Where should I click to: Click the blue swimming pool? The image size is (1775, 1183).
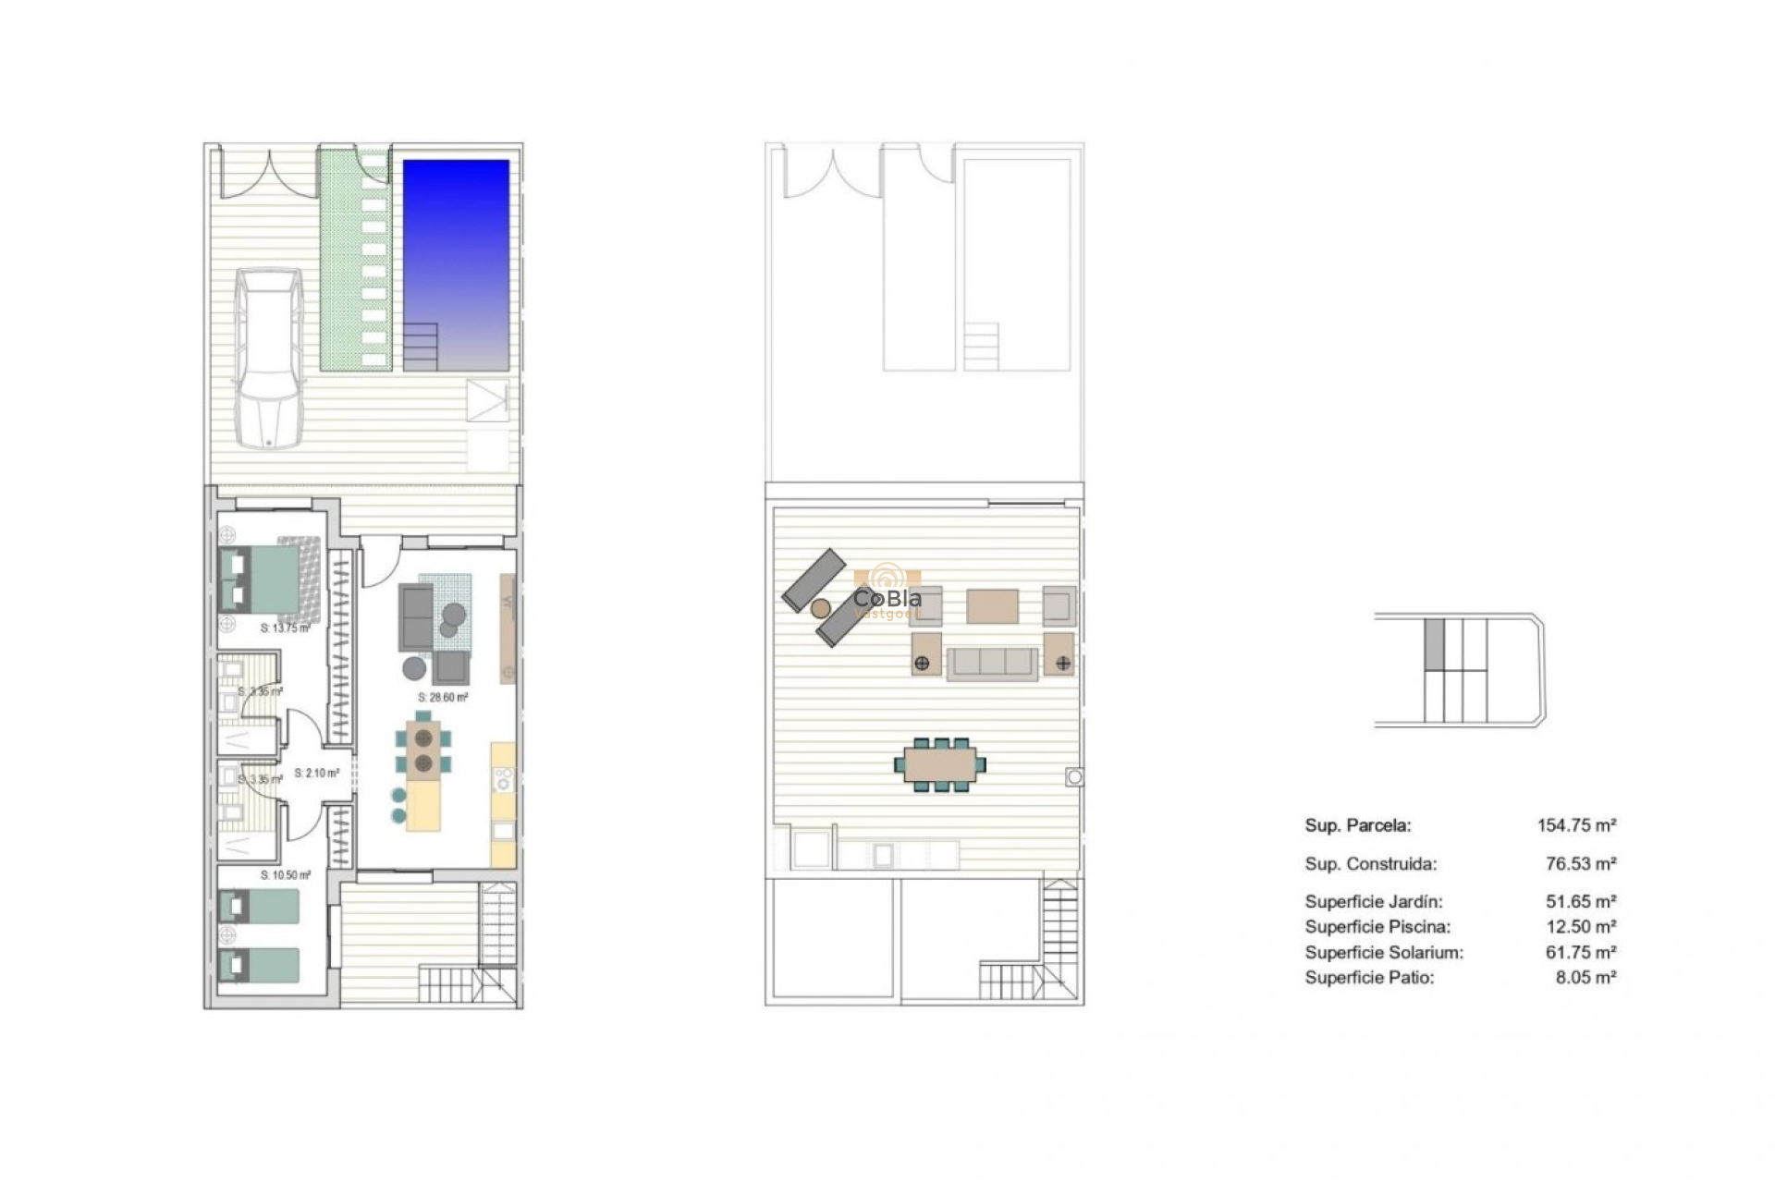click(x=456, y=250)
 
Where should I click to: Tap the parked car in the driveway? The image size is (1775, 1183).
click(x=268, y=358)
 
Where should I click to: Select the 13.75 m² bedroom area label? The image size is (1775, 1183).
click(x=285, y=628)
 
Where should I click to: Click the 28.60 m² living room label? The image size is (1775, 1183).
click(x=443, y=698)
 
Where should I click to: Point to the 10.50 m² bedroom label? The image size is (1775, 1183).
click(x=286, y=875)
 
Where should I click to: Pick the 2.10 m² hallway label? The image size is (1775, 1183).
click(x=316, y=774)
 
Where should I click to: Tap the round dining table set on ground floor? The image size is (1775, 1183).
click(x=423, y=750)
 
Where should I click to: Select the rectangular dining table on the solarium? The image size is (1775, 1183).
click(x=939, y=764)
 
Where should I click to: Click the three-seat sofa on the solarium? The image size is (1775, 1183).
click(x=992, y=663)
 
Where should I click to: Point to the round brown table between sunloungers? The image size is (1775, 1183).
click(x=820, y=608)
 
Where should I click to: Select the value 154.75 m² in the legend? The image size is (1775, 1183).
click(x=1576, y=825)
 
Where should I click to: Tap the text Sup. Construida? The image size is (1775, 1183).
click(x=1370, y=864)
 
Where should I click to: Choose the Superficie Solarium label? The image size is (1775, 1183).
click(x=1384, y=952)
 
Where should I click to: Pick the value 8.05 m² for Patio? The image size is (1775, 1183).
click(x=1585, y=977)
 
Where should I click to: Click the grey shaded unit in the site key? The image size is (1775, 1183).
click(x=1434, y=644)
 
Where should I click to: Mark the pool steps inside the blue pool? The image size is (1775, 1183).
click(x=421, y=347)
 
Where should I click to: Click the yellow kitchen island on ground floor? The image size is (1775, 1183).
click(x=423, y=806)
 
